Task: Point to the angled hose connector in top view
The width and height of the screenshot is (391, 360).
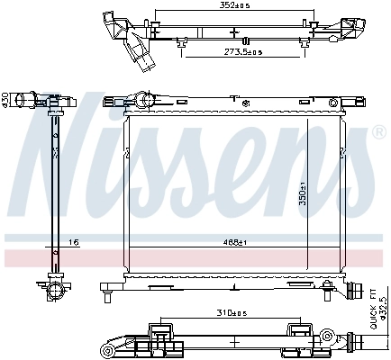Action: [x=134, y=44]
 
